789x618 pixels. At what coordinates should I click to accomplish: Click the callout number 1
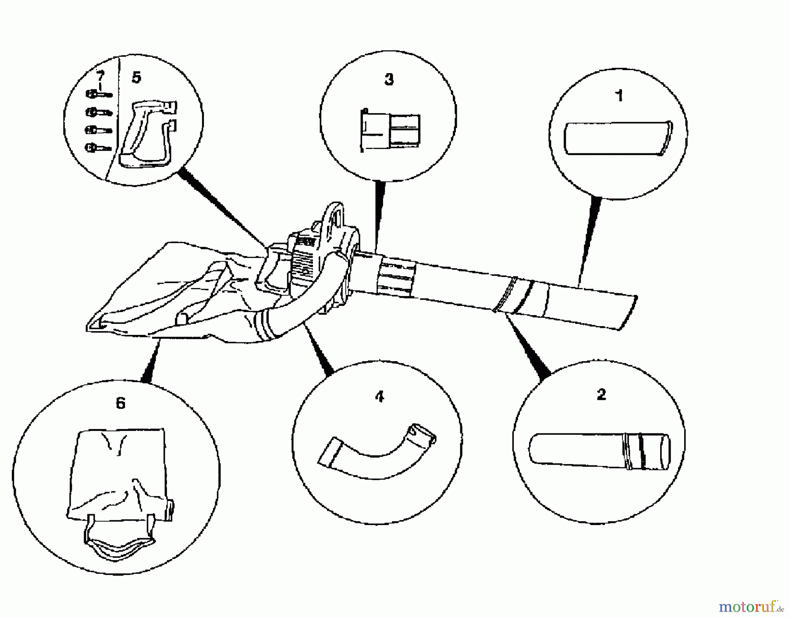click(619, 96)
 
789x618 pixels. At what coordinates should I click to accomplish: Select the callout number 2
click(601, 394)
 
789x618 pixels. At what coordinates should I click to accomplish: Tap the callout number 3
click(389, 79)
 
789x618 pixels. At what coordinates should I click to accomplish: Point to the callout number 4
click(380, 397)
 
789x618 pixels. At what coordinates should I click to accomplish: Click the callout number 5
click(136, 78)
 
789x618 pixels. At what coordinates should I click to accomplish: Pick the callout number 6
click(121, 403)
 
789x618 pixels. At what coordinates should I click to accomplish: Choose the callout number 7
click(101, 76)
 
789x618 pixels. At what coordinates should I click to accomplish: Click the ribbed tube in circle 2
click(600, 451)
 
